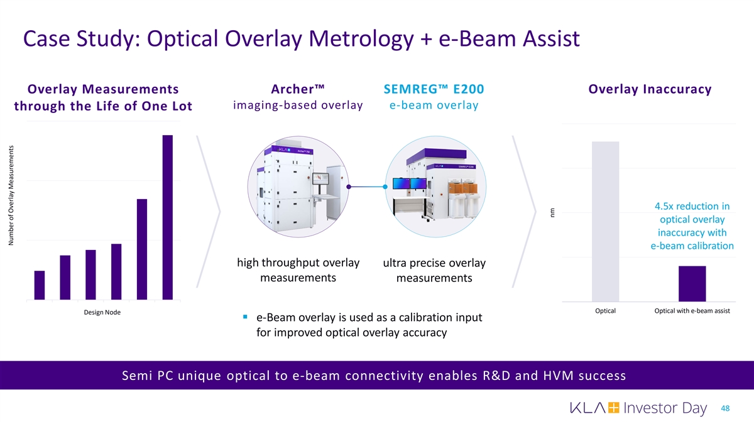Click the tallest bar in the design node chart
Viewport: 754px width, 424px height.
(x=168, y=217)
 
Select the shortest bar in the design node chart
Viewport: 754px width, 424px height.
(x=40, y=285)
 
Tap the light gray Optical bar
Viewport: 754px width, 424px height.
(x=605, y=221)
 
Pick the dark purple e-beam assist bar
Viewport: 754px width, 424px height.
(x=692, y=284)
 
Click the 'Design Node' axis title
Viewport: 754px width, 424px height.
(x=102, y=312)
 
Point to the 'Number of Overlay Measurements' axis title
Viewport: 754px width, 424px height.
(x=11, y=195)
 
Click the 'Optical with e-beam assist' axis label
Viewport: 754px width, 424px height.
(x=692, y=311)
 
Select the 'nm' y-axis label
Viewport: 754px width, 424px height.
(x=552, y=213)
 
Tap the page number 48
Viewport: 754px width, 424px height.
(x=725, y=408)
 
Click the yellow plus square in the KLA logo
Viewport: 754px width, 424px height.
(x=614, y=408)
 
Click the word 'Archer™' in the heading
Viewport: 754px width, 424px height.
(x=298, y=89)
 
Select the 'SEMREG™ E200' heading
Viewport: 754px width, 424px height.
(x=434, y=89)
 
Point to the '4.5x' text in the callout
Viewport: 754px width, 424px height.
(x=663, y=206)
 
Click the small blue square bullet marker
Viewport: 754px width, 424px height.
(x=245, y=317)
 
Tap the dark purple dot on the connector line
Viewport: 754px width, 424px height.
(x=349, y=187)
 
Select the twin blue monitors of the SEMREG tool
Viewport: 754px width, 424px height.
(x=410, y=183)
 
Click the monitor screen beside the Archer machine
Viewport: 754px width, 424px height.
(x=320, y=178)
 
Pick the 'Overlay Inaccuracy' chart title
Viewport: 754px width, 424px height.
(x=650, y=89)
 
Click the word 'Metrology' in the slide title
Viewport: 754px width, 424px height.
(x=361, y=39)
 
